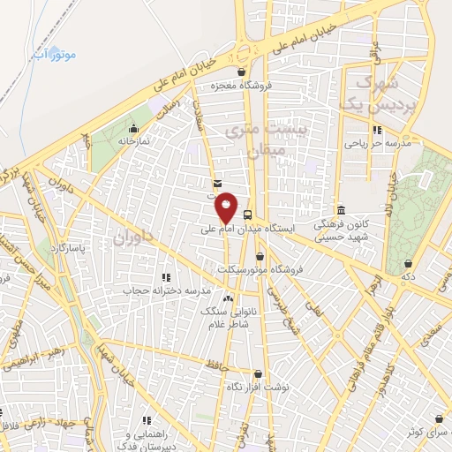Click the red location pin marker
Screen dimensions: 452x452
[x=227, y=207]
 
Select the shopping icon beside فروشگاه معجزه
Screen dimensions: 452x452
[x=242, y=72]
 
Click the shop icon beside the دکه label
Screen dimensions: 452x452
[x=408, y=262]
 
